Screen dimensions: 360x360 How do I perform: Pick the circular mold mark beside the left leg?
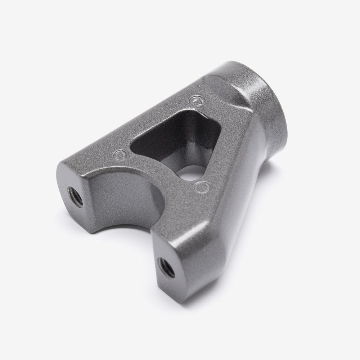tap(119, 155)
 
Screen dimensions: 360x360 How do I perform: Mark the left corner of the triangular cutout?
tap(132, 142)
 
